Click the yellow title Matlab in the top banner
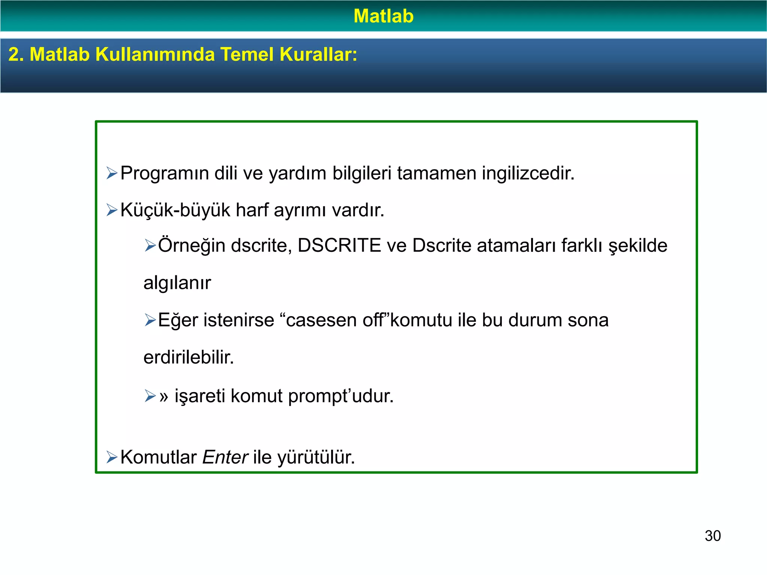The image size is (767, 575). click(383, 16)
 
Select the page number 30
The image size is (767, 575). click(712, 536)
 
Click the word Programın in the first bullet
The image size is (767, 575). click(164, 174)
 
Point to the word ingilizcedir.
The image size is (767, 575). click(528, 174)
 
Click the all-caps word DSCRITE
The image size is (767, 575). click(339, 246)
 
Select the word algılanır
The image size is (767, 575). click(177, 283)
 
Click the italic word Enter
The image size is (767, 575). click(225, 457)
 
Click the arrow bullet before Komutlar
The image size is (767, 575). click(112, 457)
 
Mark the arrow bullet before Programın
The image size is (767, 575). click(112, 173)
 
